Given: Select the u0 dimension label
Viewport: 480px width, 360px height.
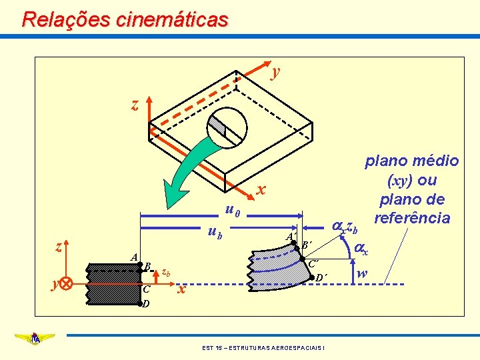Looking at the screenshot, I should coord(233,211).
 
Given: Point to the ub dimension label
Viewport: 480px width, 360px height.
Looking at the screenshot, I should coord(215,232).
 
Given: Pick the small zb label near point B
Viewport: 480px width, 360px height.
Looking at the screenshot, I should coord(167,272).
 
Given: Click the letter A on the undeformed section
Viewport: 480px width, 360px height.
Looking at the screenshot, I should coord(134,257).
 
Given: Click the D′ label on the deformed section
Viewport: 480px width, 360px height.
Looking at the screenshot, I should coord(320,277).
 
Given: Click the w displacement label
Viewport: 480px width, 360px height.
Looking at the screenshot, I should coord(361,273).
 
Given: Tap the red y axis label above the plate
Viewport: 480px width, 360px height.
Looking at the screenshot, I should coord(276,70).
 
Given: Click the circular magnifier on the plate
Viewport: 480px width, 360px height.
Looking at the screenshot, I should coord(227,127).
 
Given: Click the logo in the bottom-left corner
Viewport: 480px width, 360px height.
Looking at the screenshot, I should coord(33,339).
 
